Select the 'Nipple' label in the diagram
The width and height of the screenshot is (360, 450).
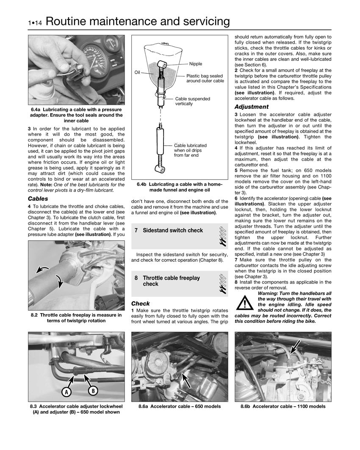pos(196,64)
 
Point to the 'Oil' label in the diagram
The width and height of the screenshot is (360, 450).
pos(137,72)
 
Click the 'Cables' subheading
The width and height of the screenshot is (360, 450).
pos(38,198)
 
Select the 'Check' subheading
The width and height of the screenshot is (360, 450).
pos(141,303)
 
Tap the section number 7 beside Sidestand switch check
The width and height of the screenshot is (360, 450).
pos(136,231)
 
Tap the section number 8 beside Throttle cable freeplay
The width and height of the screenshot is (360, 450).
pos(136,278)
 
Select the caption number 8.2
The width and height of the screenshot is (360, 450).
pos(35,315)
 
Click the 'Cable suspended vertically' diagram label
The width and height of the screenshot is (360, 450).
pos(192,101)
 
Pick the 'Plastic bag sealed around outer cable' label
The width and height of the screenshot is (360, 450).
pos(205,78)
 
